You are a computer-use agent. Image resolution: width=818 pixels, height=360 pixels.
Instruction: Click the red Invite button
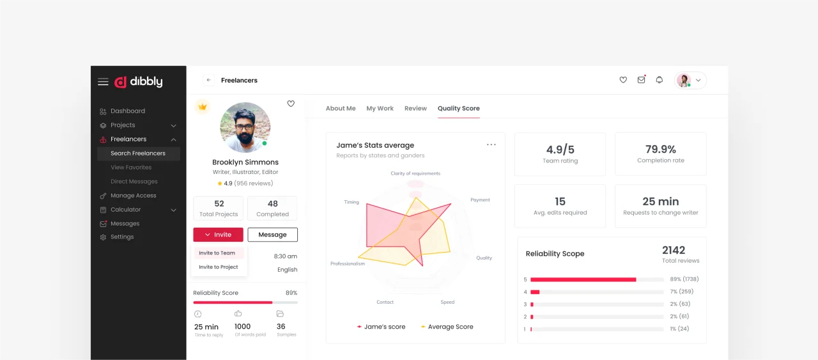click(218, 235)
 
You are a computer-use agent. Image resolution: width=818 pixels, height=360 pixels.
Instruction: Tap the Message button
click(272, 235)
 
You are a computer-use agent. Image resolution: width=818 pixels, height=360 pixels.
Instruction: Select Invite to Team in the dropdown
click(217, 253)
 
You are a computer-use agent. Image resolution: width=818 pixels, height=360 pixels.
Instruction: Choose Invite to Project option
click(219, 267)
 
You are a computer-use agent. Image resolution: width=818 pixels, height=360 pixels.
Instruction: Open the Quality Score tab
click(459, 108)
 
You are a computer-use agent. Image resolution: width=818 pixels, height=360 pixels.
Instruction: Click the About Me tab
click(341, 108)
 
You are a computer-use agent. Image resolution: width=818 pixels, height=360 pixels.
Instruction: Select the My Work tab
click(380, 108)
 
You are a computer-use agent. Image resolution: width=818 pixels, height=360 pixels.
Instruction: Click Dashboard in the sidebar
click(128, 111)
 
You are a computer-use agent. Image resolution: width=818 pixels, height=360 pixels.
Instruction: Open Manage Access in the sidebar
click(134, 196)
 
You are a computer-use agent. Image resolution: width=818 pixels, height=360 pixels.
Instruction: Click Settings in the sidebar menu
click(122, 237)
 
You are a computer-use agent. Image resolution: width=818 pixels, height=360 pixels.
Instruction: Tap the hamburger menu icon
click(103, 82)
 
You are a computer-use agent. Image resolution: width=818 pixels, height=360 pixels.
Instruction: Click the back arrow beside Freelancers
click(208, 80)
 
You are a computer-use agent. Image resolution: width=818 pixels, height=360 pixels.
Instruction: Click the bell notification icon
click(659, 80)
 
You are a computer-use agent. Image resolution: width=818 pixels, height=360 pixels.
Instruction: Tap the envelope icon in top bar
click(641, 80)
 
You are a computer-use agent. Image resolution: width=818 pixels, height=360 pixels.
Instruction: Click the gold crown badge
click(203, 107)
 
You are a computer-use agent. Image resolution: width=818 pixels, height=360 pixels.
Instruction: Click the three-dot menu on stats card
click(491, 145)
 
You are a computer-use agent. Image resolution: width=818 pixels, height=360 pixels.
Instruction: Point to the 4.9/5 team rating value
click(560, 150)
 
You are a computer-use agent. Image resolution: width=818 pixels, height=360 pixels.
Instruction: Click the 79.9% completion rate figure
click(661, 149)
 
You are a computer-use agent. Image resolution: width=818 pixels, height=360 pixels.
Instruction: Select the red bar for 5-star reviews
click(583, 279)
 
